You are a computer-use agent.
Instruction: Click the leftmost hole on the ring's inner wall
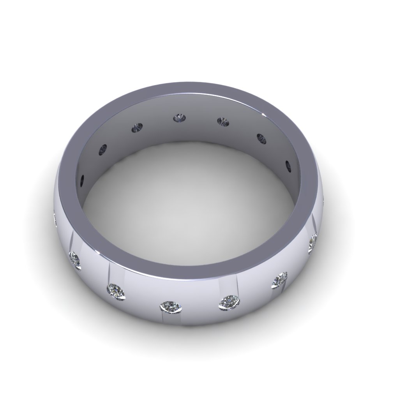(82, 181)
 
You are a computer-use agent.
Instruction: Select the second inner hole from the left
(103, 148)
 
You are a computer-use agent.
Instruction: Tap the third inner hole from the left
(138, 127)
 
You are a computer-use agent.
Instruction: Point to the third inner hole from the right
(223, 122)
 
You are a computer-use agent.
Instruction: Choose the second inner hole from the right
(261, 138)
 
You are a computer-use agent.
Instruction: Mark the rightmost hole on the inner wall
(288, 166)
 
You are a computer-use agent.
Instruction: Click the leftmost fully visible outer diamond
(75, 260)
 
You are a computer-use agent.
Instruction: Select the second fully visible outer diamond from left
(117, 291)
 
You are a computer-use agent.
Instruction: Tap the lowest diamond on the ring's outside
(171, 307)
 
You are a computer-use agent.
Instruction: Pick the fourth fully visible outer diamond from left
(229, 302)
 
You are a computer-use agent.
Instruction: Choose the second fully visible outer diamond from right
(279, 280)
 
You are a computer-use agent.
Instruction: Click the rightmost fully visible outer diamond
(313, 244)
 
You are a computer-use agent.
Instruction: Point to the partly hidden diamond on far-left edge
(55, 219)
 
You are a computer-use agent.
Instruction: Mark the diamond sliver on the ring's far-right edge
(324, 201)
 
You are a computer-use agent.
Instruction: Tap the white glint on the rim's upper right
(265, 115)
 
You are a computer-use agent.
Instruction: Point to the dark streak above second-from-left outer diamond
(109, 273)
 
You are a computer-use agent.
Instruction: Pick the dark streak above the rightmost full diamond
(313, 224)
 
